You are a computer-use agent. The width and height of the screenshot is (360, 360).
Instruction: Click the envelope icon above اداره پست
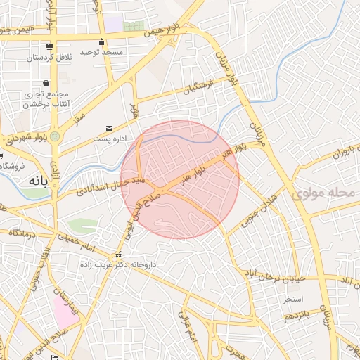point(109,128)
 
